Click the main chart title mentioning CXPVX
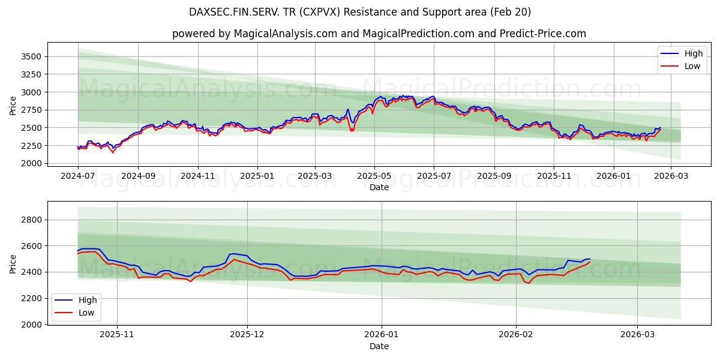click(360, 12)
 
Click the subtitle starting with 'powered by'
click(379, 34)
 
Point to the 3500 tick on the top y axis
click(31, 56)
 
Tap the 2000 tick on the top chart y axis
click(31, 163)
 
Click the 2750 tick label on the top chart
click(31, 110)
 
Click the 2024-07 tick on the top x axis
click(78, 176)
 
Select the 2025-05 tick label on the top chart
click(374, 176)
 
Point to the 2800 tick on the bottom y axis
click(31, 220)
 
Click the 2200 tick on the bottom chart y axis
click(31, 298)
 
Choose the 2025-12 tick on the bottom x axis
click(247, 335)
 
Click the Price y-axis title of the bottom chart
click(13, 264)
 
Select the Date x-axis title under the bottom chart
click(379, 346)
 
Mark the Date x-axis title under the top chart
click(379, 187)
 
